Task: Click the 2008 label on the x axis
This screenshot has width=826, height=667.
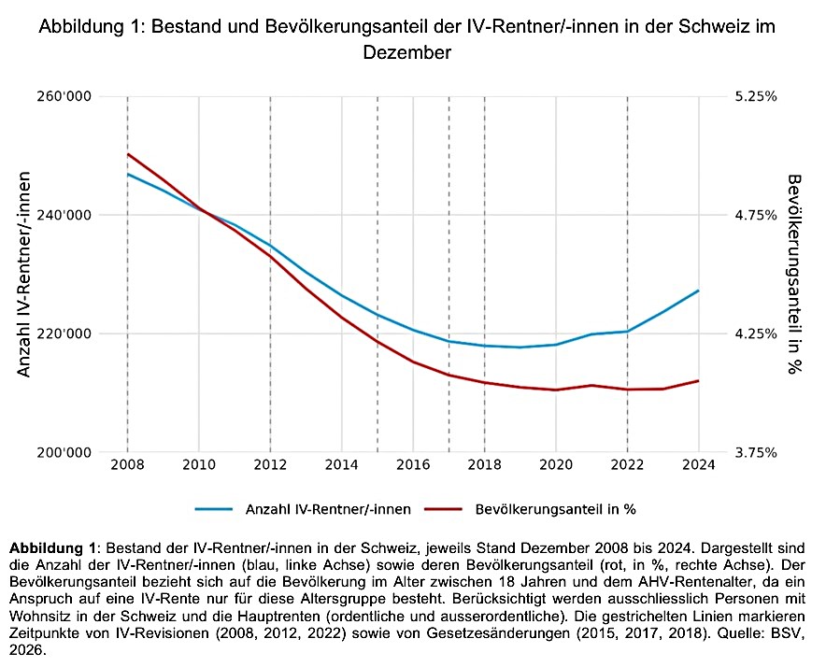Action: [x=127, y=464]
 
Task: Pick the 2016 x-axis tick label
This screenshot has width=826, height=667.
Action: [x=413, y=464]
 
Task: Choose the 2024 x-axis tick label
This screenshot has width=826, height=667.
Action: [x=698, y=464]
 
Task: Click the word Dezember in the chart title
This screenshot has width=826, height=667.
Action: [x=406, y=53]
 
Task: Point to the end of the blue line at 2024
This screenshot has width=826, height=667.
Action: [x=698, y=291]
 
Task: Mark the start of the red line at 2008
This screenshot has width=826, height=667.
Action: [x=127, y=154]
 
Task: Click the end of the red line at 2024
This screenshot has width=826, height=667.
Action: [x=698, y=380]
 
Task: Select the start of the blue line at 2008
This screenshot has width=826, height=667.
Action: [x=127, y=174]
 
